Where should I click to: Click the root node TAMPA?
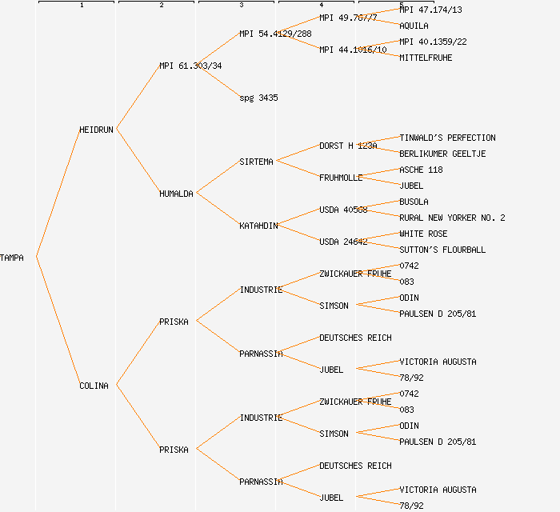point(12,258)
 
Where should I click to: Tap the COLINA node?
point(94,386)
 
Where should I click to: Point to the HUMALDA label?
point(176,194)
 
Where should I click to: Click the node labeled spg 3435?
point(258,98)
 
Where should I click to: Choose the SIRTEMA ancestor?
point(256,162)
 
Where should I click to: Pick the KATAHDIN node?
point(258,226)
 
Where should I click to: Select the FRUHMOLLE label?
point(341,178)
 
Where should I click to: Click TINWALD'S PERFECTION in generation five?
point(447,138)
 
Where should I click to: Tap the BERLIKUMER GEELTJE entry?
point(442,154)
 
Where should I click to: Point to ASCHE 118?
point(421,170)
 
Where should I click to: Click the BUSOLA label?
point(414,202)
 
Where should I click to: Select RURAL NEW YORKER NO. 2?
point(452,218)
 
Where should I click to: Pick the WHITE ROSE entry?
point(423,234)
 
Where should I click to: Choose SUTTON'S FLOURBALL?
point(442,250)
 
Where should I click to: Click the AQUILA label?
point(414,26)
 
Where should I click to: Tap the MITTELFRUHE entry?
point(426,58)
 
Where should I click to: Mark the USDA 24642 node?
point(343,242)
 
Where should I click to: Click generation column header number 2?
point(161,6)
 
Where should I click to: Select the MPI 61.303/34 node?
point(190,66)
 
